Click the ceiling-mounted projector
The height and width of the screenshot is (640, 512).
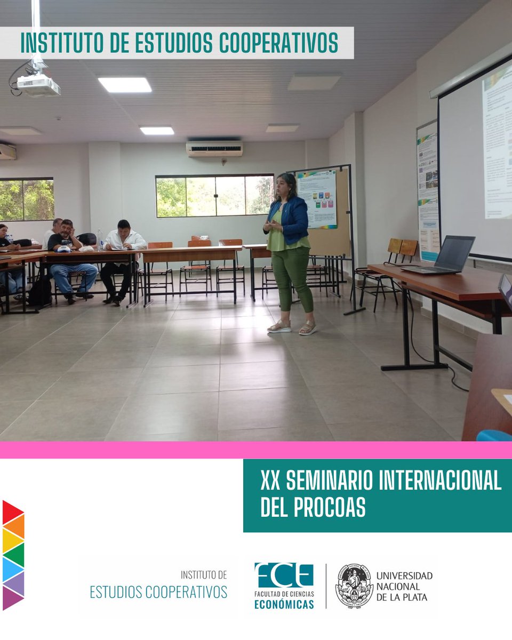tap(38, 84)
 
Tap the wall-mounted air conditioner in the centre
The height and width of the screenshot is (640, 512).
tap(214, 148)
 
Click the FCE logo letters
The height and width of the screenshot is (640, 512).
tap(284, 575)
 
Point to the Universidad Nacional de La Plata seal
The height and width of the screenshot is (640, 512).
tap(354, 586)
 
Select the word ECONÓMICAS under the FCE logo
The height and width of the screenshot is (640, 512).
tap(284, 604)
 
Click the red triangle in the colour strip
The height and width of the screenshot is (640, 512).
tap(12, 512)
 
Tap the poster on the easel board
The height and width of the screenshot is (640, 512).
tap(317, 198)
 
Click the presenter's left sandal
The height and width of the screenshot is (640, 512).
tap(308, 328)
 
